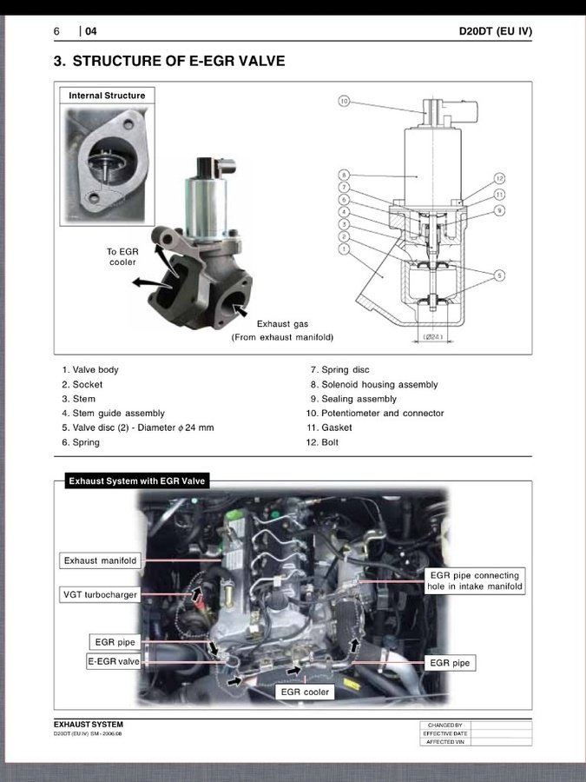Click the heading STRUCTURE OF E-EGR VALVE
click(x=178, y=62)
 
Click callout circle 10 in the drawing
click(x=344, y=102)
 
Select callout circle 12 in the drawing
click(x=499, y=178)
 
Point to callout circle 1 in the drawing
click(x=344, y=249)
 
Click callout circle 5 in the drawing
click(x=499, y=275)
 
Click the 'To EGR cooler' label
click(x=122, y=256)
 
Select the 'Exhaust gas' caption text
click(x=282, y=324)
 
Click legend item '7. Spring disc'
click(x=339, y=370)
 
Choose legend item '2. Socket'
click(x=82, y=384)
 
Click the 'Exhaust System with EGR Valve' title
click(x=137, y=480)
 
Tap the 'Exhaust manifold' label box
click(x=101, y=560)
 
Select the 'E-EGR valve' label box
click(x=114, y=662)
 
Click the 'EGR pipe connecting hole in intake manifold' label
click(x=474, y=581)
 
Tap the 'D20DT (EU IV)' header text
click(x=495, y=31)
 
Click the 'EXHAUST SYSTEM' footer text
click(x=89, y=725)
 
